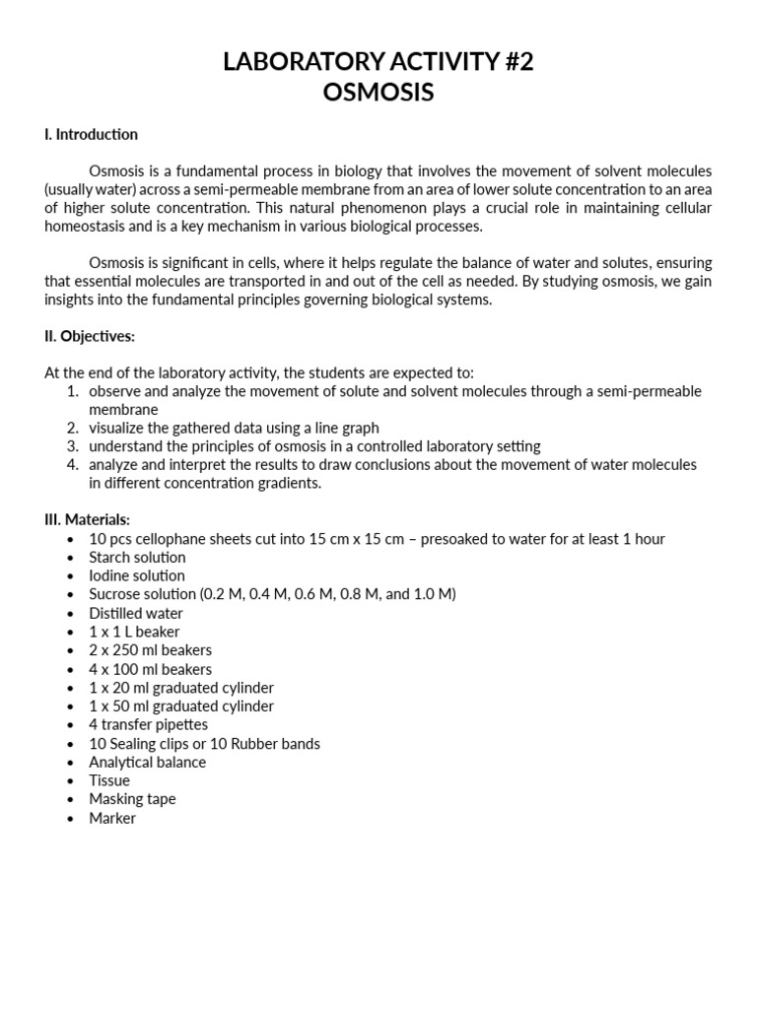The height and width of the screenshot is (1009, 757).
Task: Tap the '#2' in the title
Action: pyautogui.click(x=515, y=62)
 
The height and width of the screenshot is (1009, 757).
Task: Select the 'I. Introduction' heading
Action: pyautogui.click(x=91, y=134)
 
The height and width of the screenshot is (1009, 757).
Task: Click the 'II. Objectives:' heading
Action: pyautogui.click(x=90, y=336)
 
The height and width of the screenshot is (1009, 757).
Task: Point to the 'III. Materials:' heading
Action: pyautogui.click(x=87, y=519)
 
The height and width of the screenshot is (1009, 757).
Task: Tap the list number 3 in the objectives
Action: pyautogui.click(x=72, y=446)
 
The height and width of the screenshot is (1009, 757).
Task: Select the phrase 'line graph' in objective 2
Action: pyautogui.click(x=345, y=428)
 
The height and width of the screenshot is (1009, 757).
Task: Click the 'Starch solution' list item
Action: pyautogui.click(x=136, y=557)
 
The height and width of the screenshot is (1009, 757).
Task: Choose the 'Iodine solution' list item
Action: pyautogui.click(x=136, y=575)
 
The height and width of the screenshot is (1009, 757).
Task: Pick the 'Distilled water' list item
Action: pyautogui.click(x=136, y=613)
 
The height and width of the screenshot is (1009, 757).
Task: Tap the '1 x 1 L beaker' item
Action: pyautogui.click(x=134, y=632)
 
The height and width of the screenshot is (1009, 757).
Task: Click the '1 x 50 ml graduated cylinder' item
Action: pyautogui.click(x=181, y=706)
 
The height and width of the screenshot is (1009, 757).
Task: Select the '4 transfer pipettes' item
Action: pyautogui.click(x=148, y=724)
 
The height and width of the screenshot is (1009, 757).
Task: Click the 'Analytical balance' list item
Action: pyautogui.click(x=147, y=762)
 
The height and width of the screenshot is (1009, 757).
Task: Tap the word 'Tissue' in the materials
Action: pyautogui.click(x=109, y=780)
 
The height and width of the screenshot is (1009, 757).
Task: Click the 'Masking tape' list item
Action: pyautogui.click(x=132, y=799)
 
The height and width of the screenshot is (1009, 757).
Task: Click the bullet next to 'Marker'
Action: pyautogui.click(x=69, y=819)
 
